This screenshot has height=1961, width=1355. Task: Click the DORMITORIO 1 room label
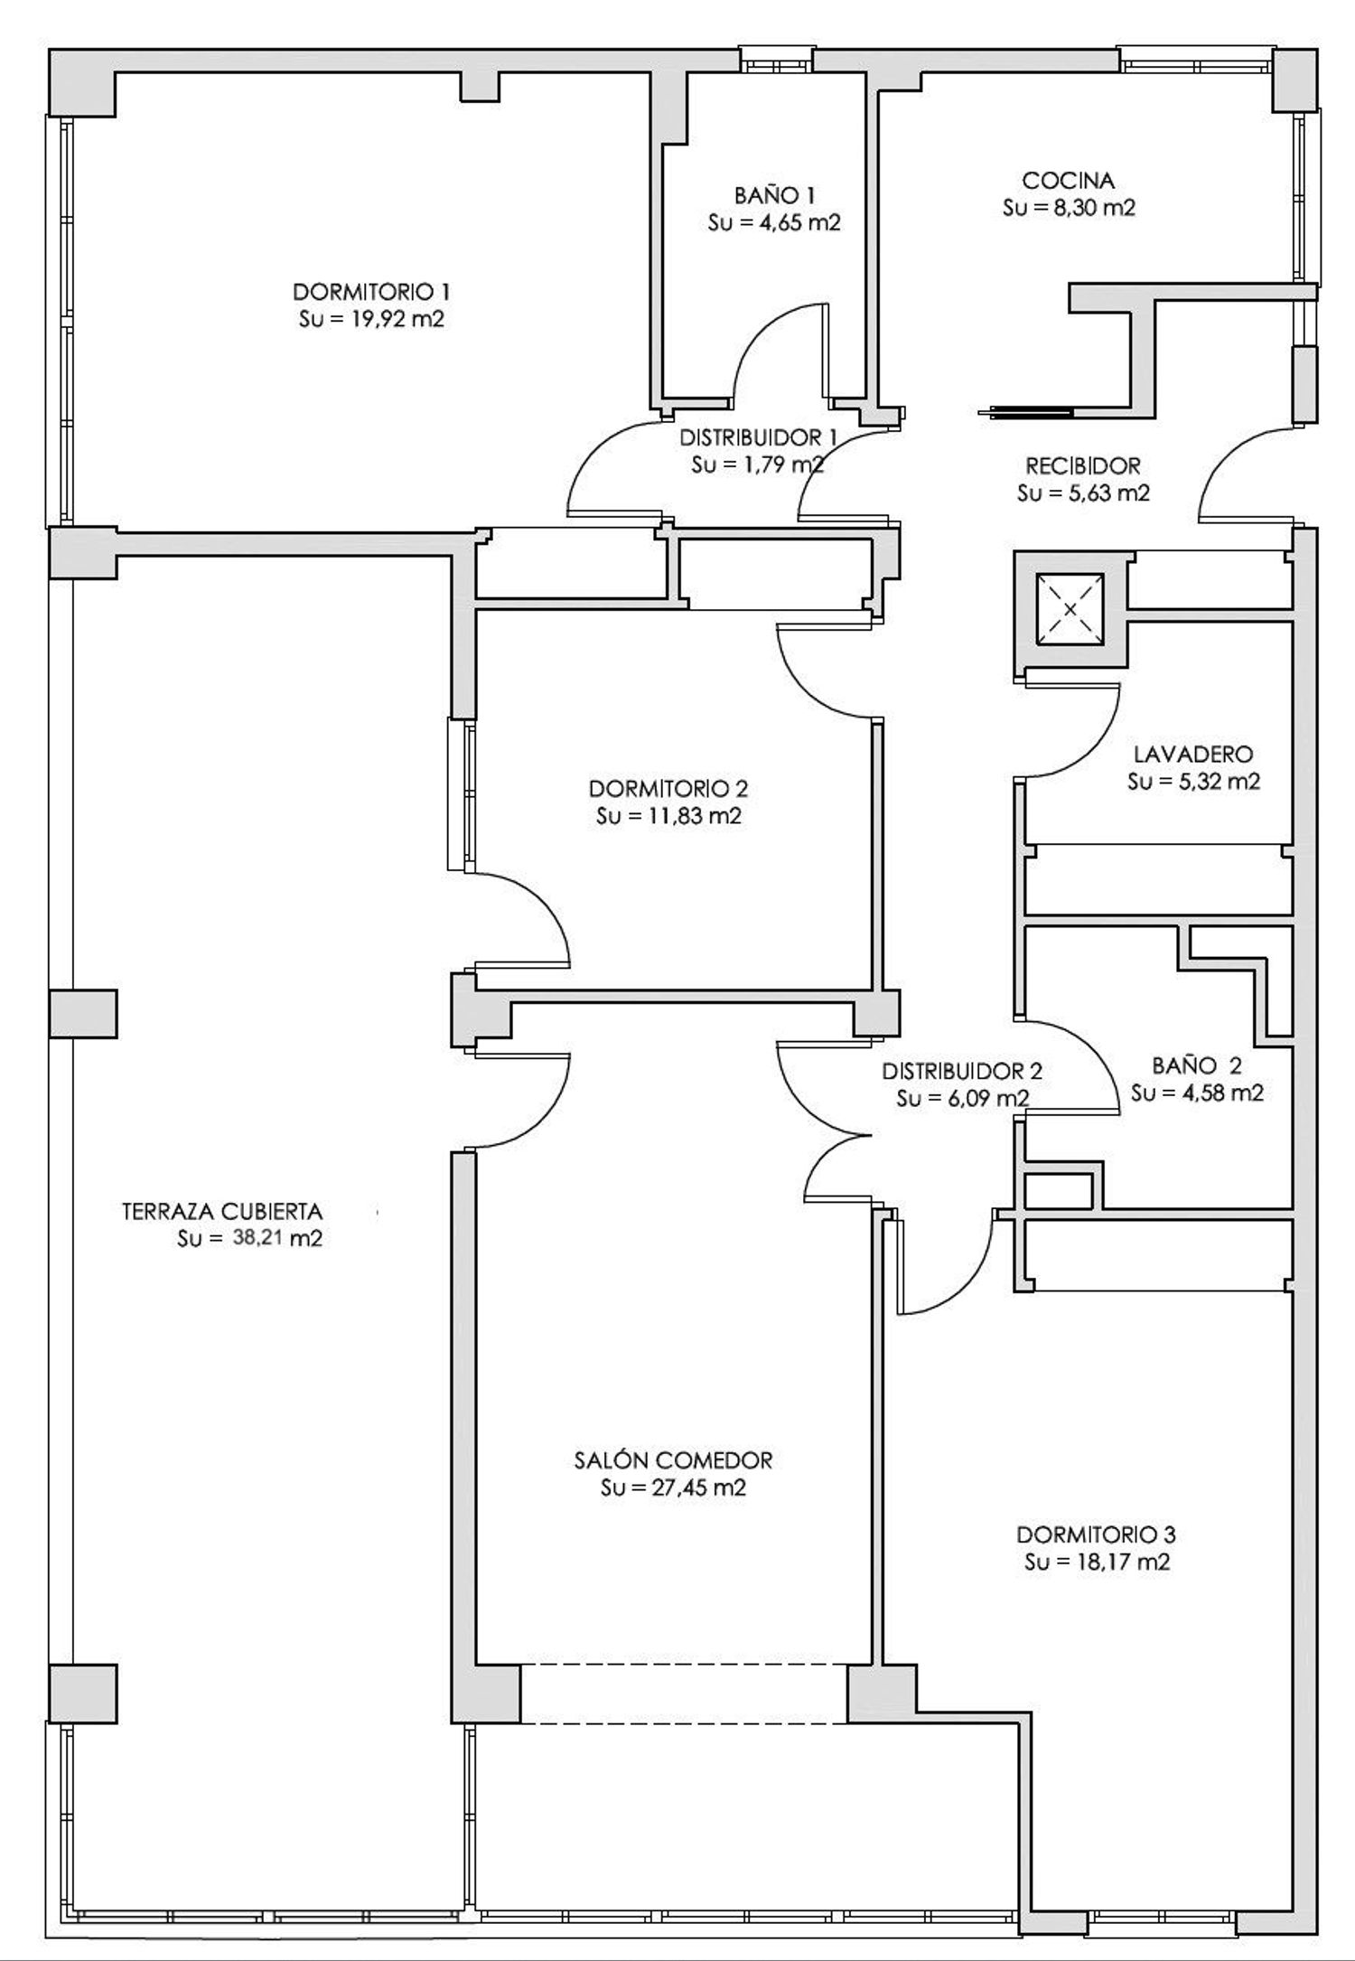click(371, 292)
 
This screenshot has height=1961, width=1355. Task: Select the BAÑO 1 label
click(774, 195)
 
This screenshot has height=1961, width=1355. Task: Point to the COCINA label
click(1069, 181)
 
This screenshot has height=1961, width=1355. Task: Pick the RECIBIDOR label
click(1083, 466)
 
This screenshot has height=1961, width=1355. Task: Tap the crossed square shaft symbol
click(1070, 610)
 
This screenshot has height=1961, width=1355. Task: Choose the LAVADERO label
click(1193, 754)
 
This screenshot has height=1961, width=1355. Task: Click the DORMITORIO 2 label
click(668, 788)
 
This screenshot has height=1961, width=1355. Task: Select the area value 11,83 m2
click(693, 816)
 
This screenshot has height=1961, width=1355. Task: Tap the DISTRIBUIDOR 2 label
click(962, 1072)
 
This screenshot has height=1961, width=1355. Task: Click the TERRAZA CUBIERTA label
click(222, 1211)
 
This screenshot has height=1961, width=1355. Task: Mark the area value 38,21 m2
click(278, 1239)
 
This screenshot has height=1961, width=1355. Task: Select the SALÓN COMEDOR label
click(673, 1459)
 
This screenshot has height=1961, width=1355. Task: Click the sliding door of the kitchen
click(1025, 413)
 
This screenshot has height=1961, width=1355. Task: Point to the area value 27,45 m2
click(697, 1488)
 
